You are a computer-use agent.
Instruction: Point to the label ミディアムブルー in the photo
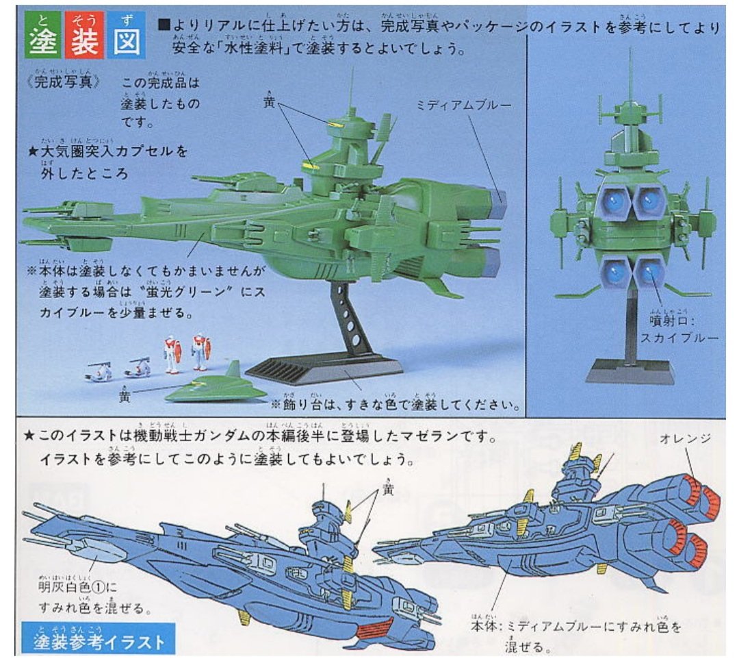463,106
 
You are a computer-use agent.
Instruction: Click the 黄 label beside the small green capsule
123,395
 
